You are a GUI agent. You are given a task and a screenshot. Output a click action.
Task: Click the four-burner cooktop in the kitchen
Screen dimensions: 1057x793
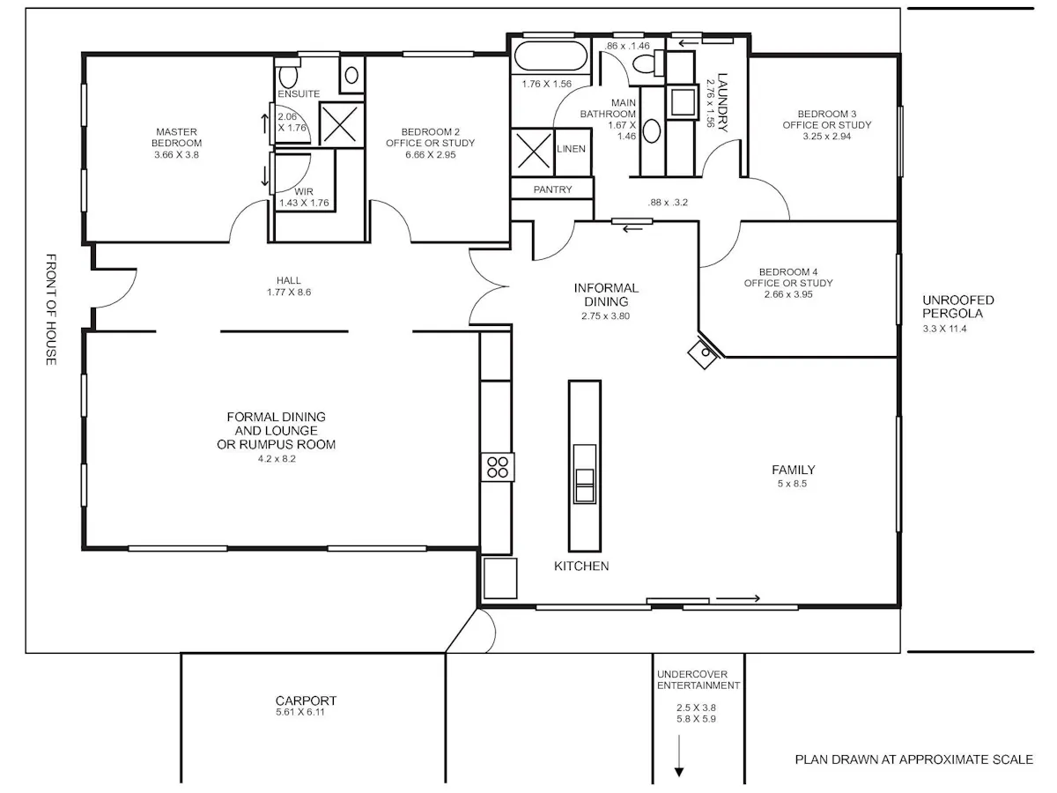(498, 467)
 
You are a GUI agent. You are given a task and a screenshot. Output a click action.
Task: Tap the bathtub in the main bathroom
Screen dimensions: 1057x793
(551, 56)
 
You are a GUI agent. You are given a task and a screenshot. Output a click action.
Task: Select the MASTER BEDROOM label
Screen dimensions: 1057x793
(176, 137)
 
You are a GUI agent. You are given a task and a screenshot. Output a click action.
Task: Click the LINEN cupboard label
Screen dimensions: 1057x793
(571, 149)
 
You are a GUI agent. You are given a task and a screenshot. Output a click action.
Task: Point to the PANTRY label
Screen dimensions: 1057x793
(552, 189)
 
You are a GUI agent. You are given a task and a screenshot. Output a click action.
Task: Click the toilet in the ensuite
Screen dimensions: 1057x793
(288, 76)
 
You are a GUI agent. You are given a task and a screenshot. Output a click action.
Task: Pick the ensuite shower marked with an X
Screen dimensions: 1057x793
(341, 124)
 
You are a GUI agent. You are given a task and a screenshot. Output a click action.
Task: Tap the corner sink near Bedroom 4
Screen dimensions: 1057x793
(704, 353)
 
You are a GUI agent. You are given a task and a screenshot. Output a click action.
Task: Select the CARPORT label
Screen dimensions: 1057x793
(306, 700)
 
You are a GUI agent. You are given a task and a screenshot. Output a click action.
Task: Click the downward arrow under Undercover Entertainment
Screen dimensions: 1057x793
(679, 755)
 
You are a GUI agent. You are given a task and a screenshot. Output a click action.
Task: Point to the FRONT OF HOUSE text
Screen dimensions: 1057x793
(51, 309)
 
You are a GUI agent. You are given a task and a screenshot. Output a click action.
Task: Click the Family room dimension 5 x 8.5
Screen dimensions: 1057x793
(792, 484)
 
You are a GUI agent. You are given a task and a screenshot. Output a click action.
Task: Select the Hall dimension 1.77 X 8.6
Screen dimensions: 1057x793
(289, 292)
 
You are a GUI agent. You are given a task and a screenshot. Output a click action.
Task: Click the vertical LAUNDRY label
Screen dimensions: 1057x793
(722, 102)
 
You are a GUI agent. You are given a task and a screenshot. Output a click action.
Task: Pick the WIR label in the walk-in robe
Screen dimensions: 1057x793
(304, 191)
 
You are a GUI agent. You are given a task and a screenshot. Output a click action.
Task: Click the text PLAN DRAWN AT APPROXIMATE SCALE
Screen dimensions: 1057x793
(914, 760)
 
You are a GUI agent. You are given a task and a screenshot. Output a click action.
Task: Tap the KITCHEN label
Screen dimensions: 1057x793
(581, 566)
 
